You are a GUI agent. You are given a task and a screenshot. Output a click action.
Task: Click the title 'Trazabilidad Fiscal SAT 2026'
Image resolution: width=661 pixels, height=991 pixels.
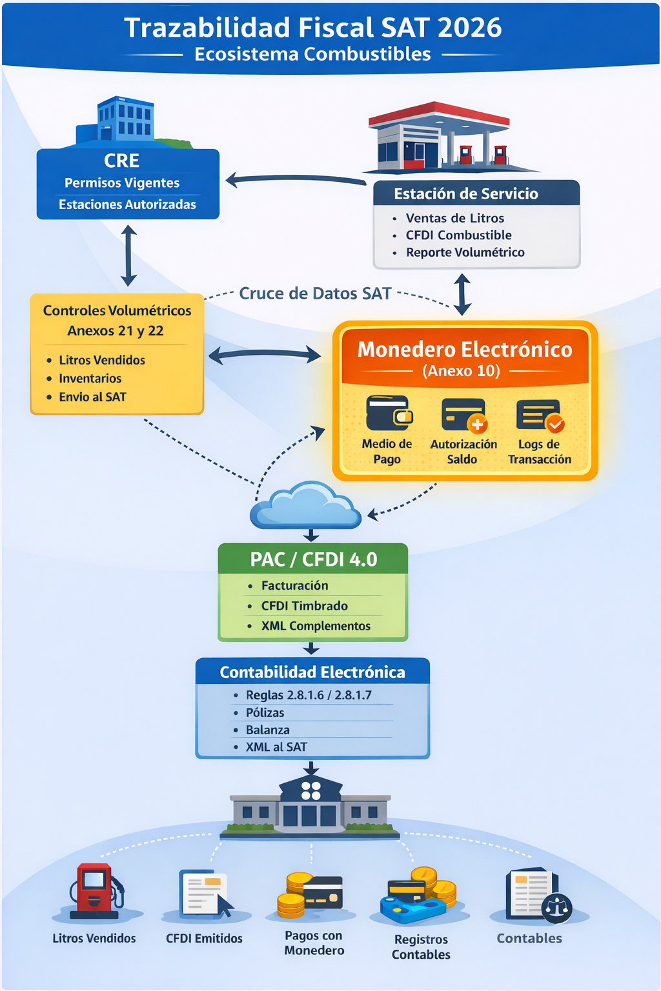[313, 28]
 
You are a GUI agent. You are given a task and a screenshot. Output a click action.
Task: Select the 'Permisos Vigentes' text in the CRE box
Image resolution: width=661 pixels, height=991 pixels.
[122, 183]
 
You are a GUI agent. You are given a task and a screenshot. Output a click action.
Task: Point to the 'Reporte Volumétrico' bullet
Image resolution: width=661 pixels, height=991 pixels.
[465, 252]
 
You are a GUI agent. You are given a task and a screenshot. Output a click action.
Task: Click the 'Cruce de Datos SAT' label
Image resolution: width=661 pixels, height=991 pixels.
[315, 294]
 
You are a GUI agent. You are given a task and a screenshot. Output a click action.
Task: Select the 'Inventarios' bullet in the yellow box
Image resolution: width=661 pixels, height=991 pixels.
[90, 379]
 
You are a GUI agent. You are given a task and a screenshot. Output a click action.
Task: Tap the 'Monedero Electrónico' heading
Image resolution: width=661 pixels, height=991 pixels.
[465, 350]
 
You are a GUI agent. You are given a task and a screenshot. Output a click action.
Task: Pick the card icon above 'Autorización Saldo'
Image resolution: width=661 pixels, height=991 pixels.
[463, 415]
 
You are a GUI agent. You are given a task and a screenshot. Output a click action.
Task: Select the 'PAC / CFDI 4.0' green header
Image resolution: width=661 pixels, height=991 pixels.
[313, 559]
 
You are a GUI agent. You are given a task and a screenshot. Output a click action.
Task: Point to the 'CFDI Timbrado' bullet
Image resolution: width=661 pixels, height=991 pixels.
[304, 606]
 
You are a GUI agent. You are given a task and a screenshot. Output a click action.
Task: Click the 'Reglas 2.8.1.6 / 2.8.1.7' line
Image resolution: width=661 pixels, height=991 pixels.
[309, 696]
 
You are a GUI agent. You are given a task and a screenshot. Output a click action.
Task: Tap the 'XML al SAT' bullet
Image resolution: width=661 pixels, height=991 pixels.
[276, 747]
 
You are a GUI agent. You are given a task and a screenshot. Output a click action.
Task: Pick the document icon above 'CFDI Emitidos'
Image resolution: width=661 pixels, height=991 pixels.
[205, 893]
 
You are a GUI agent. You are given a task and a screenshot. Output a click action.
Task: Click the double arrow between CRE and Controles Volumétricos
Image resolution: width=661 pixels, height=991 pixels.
[128, 255]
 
